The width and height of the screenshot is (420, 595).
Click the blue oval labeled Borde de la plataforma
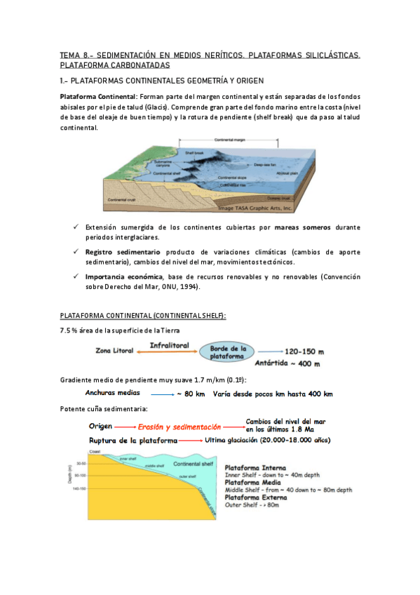pos(226,352)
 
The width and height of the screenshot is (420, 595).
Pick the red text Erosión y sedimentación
pos(179,426)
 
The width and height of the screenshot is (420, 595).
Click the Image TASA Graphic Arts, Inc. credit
pos(252,208)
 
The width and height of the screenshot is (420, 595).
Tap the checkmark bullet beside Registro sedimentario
pos(74,251)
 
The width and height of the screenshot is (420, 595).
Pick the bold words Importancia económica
pos(116,276)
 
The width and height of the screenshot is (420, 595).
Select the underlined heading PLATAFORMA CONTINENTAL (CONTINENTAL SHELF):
pos(143,316)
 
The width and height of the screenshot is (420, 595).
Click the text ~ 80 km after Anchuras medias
pos(191,394)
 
